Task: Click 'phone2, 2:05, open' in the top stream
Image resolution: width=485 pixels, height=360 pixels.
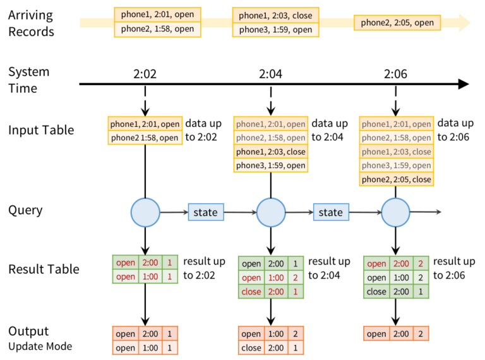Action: click(x=397, y=23)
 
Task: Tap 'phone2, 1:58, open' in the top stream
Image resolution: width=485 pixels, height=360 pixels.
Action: click(x=157, y=29)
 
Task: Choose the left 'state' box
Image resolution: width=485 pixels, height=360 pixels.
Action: click(x=205, y=213)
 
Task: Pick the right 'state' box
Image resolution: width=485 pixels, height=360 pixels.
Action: click(x=330, y=213)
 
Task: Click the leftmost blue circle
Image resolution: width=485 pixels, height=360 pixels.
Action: click(x=146, y=213)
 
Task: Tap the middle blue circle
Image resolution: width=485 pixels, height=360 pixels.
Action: click(x=271, y=213)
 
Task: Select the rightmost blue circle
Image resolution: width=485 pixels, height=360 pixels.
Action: click(x=397, y=213)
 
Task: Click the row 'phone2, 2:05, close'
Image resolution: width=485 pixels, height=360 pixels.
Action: click(x=397, y=179)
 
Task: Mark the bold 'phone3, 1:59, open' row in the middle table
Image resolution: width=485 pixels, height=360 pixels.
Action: click(x=271, y=165)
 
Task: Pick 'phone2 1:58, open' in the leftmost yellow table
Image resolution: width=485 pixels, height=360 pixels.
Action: click(x=145, y=138)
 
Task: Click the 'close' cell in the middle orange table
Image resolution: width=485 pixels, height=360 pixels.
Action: click(x=251, y=347)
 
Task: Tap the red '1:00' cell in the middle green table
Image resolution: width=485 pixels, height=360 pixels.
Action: click(x=277, y=278)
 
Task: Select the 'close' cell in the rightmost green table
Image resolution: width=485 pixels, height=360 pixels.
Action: click(x=376, y=292)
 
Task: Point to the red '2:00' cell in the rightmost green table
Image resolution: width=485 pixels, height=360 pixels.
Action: click(x=402, y=264)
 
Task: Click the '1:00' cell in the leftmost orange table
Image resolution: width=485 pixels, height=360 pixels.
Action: click(x=151, y=347)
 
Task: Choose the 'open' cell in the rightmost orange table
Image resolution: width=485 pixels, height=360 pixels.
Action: click(x=376, y=334)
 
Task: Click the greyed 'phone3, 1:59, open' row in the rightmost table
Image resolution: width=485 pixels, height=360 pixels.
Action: click(x=397, y=165)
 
